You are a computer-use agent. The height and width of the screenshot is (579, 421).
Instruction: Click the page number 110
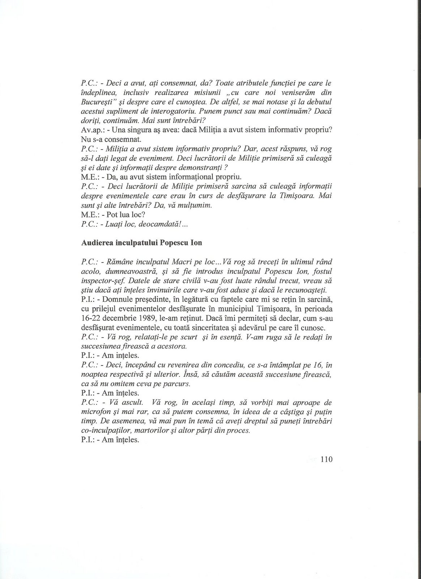click(x=326, y=460)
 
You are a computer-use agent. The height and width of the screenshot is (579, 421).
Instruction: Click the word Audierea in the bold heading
click(x=96, y=242)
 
